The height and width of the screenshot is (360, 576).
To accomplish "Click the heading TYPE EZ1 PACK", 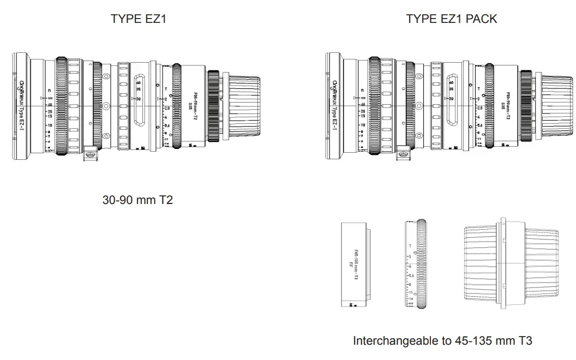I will (451, 19).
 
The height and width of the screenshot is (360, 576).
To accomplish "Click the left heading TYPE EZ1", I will (139, 19).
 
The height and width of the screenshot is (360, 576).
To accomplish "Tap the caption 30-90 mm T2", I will (137, 200).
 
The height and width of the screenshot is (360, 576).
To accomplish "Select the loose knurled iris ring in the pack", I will (417, 265).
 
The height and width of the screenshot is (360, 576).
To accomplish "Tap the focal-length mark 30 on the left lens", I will (139, 99).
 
